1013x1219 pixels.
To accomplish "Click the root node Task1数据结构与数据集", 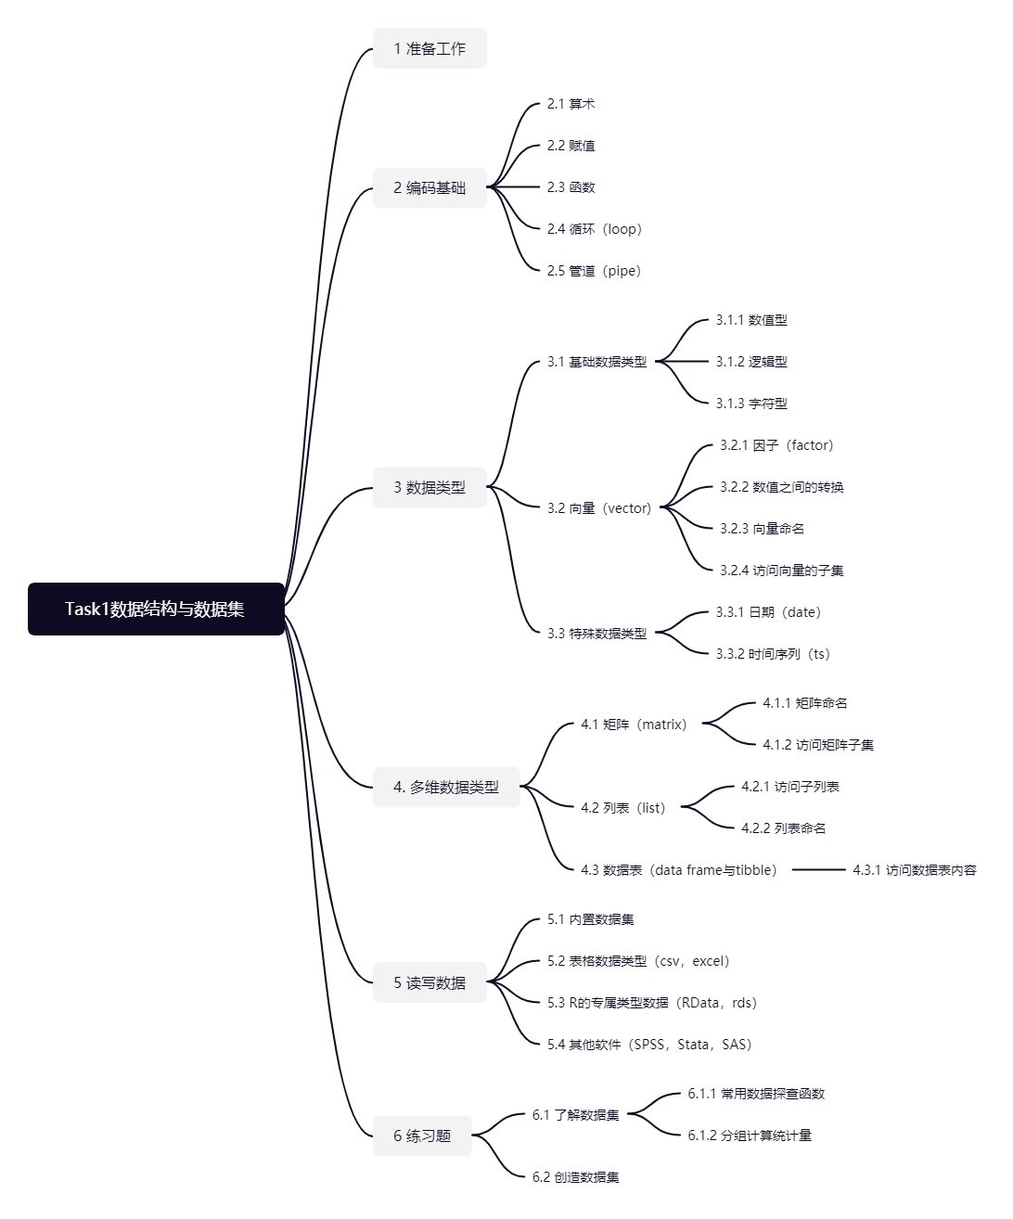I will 156,609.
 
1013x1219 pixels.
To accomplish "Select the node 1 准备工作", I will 430,48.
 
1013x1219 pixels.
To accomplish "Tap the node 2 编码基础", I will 430,187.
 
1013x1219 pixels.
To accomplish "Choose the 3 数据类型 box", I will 430,487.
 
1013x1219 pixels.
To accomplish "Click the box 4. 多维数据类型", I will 446,787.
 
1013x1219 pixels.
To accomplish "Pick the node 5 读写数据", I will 430,982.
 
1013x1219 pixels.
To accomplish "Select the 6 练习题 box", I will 422,1136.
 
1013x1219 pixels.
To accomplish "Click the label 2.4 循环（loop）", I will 594,229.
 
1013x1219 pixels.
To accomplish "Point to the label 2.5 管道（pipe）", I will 594,271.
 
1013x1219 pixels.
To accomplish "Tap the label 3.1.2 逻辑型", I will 751,362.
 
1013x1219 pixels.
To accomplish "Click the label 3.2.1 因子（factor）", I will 776,445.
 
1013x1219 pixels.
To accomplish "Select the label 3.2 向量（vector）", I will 599,508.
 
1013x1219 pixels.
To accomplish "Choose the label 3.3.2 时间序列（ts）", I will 773,654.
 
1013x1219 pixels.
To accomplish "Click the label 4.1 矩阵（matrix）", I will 634,725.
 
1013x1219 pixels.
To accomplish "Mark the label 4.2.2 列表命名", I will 784,828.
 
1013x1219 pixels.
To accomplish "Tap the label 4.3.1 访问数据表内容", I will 915,870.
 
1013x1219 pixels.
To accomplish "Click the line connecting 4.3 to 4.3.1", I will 819,870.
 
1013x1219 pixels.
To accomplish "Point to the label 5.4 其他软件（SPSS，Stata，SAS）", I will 649,1045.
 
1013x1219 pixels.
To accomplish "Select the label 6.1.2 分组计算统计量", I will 750,1136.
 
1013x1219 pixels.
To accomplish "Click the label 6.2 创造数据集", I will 575,1177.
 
